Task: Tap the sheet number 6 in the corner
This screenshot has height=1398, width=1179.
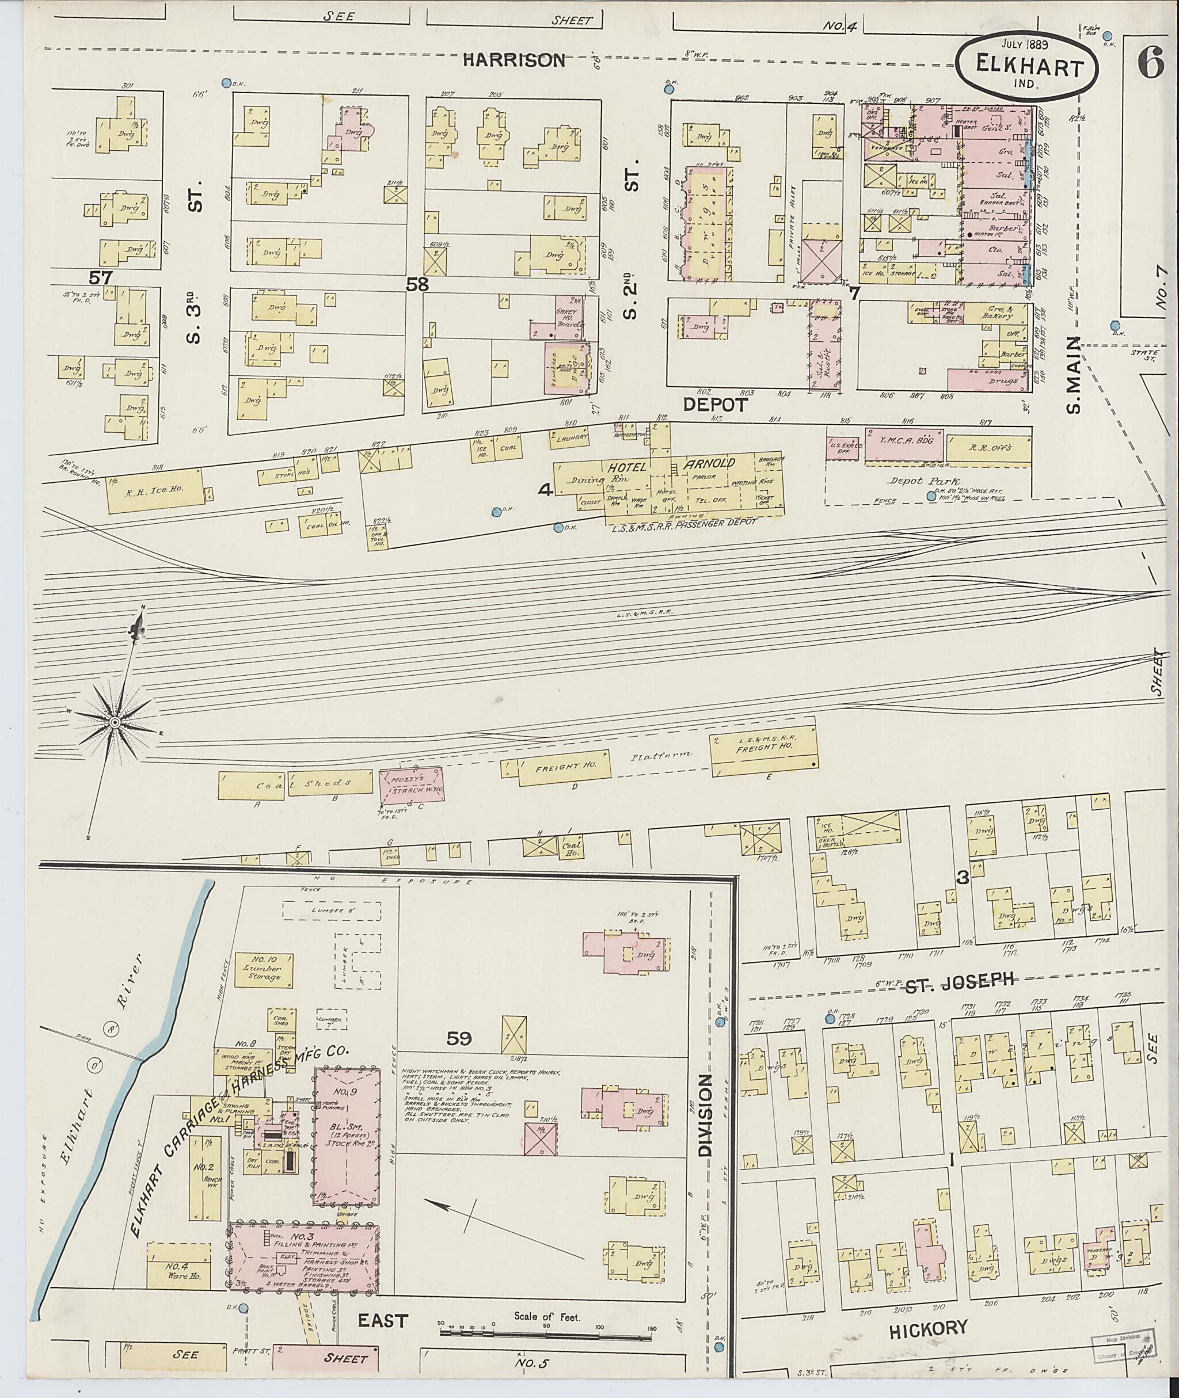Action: click(1150, 66)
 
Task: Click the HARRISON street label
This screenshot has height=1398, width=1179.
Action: click(514, 61)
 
